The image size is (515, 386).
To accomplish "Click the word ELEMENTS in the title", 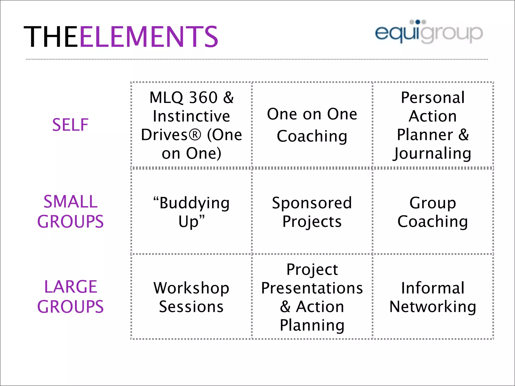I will pos(149,37).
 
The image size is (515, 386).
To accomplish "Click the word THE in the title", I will pos(51,37).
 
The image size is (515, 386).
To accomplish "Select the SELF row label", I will pos(70,125).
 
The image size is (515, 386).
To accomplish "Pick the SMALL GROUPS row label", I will pos(70,211).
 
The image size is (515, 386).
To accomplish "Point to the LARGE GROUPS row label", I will pos(70,297).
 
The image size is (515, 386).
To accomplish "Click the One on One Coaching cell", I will pos(312,125).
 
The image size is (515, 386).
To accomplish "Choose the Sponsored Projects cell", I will pos(312,212).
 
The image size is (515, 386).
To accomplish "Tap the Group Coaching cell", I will pos(433,212).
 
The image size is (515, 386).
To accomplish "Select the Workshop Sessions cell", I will pos(191,297).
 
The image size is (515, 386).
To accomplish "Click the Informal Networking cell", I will pos(433,297).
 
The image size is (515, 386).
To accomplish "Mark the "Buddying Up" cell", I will pos(191,212).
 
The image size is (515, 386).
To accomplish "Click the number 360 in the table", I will pos(203,98).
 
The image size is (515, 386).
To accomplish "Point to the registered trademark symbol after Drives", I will pos(195,135).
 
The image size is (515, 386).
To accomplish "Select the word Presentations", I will pos(312,288).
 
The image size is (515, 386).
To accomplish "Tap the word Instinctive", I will pos(191,116).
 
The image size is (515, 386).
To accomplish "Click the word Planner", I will pos(425,135).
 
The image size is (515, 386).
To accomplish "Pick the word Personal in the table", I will pos(433,98).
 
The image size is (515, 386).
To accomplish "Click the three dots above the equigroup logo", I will pos(418,22).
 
